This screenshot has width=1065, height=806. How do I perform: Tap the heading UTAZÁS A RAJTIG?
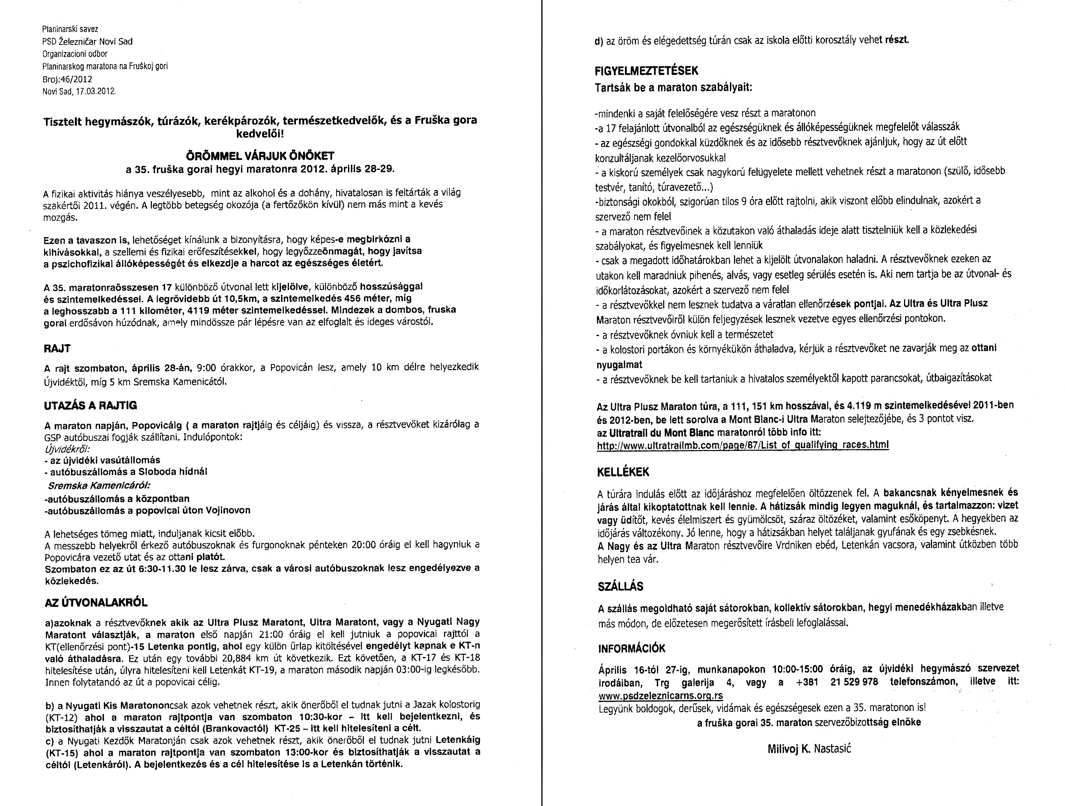[x=90, y=406]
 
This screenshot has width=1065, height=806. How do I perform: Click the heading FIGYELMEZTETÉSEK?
[x=646, y=71]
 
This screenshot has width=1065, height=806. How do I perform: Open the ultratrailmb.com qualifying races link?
[x=742, y=445]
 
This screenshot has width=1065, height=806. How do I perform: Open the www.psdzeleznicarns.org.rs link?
[x=661, y=696]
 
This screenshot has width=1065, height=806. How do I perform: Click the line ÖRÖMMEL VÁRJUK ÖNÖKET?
[x=260, y=156]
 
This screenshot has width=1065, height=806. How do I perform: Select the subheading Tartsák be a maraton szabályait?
[x=674, y=88]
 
